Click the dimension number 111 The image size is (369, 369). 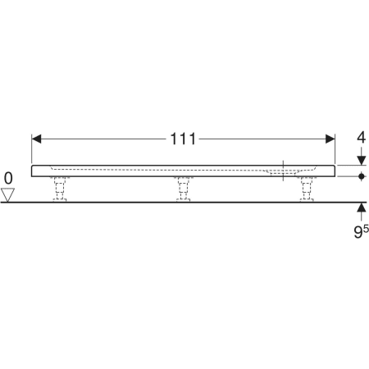[x=183, y=139]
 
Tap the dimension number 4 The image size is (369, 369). [x=361, y=138]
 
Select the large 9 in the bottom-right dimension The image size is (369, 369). [x=358, y=232]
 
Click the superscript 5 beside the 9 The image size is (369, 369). [x=366, y=228]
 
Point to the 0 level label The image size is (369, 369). [x=8, y=178]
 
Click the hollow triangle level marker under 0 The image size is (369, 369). [x=7, y=195]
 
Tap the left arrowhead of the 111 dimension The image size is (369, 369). [x=36, y=139]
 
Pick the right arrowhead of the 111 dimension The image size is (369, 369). [x=330, y=139]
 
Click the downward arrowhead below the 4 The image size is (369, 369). [x=362, y=161]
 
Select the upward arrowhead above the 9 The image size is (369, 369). [x=362, y=207]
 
